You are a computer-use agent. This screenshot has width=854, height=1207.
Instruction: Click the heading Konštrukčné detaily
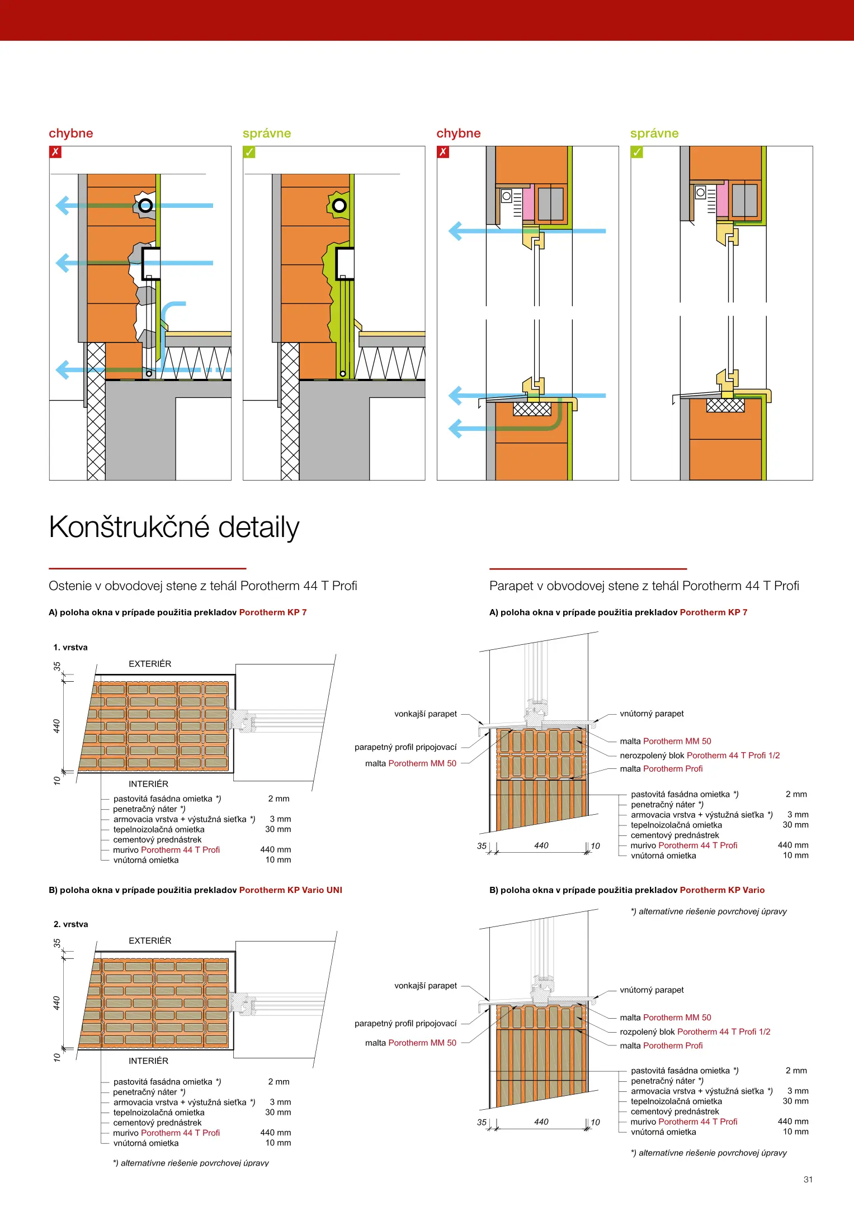tap(174, 528)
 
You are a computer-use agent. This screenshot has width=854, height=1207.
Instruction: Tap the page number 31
tap(808, 1179)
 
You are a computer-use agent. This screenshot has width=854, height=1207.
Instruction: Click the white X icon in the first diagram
tap(55, 152)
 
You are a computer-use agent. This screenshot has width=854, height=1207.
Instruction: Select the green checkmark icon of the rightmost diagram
tap(637, 152)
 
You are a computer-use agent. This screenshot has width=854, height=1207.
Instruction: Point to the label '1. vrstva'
tap(70, 647)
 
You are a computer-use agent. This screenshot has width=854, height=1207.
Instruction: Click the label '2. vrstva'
tap(70, 924)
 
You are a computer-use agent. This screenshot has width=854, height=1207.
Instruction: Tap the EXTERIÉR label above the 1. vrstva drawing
tap(150, 664)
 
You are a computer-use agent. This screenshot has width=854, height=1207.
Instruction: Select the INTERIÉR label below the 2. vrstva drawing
tap(148, 1061)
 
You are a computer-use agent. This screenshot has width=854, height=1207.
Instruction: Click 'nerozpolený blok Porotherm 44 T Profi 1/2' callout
tap(699, 755)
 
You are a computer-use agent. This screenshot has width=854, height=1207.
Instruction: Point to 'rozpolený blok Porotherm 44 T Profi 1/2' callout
tap(695, 1032)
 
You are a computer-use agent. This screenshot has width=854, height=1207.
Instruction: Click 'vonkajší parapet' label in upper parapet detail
tap(425, 714)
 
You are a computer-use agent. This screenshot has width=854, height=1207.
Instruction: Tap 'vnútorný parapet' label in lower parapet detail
tap(652, 990)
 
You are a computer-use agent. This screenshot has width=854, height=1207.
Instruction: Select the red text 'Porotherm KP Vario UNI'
tap(290, 890)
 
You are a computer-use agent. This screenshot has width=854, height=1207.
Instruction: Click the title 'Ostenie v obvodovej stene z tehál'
tap(202, 586)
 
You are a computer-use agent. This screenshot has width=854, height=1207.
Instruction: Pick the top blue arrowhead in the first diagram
tap(62, 206)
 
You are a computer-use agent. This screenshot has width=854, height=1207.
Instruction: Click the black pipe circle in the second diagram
tap(339, 206)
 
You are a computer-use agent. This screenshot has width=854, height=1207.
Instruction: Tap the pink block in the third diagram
tap(529, 202)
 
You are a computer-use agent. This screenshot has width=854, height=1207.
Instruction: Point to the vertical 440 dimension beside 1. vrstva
tap(56, 726)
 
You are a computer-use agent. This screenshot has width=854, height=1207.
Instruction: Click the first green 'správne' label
tap(267, 133)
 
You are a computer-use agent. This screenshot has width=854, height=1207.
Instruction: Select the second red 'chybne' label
tap(458, 133)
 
